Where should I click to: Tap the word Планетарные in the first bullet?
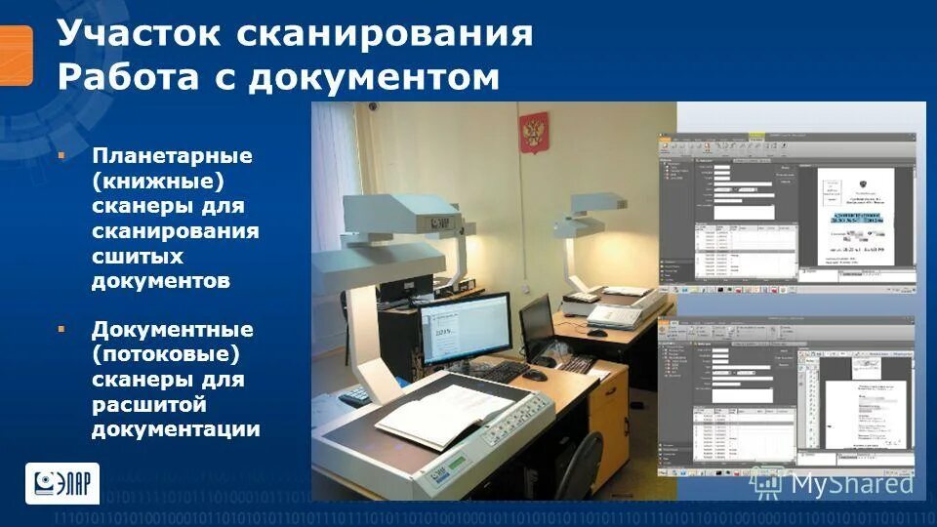tap(173, 156)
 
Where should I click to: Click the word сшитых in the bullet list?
tap(138, 257)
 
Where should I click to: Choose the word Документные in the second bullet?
tap(173, 329)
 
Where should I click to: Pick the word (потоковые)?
tap(166, 354)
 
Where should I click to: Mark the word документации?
tap(176, 429)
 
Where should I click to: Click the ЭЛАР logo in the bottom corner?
tap(61, 482)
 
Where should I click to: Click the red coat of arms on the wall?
tap(533, 132)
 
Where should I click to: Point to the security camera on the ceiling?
tap(371, 104)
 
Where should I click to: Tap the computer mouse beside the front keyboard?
tap(534, 374)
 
